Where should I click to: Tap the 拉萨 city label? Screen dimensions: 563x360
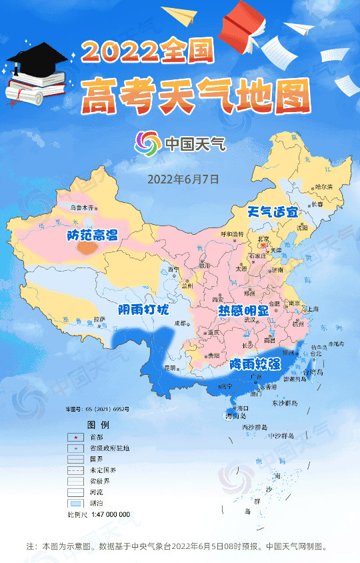pos(100,319)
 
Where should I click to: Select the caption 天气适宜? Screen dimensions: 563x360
pos(273,212)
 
